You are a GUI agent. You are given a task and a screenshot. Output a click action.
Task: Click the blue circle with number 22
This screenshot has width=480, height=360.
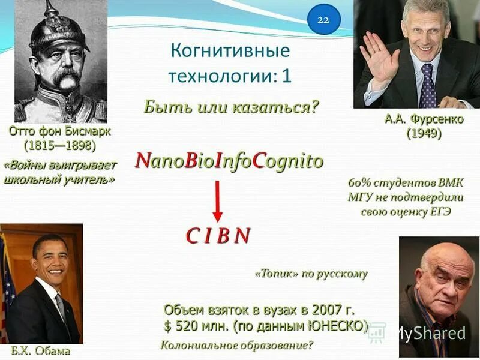(323, 20)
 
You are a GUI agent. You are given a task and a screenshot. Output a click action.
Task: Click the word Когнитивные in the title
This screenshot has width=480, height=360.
(230, 51)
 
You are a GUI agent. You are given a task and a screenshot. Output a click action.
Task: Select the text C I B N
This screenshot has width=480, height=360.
(218, 236)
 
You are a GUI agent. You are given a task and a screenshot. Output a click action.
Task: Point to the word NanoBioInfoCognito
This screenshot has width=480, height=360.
(229, 161)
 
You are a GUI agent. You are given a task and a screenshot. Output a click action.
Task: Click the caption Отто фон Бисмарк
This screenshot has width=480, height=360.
(59, 131)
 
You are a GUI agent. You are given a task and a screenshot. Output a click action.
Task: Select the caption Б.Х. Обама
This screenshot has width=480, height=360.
(40, 351)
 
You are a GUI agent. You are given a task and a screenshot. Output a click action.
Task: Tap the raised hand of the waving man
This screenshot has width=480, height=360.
(378, 57)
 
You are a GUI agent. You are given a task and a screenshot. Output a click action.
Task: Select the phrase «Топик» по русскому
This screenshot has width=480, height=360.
(311, 274)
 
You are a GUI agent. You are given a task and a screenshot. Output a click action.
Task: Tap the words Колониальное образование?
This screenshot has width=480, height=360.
(237, 346)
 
